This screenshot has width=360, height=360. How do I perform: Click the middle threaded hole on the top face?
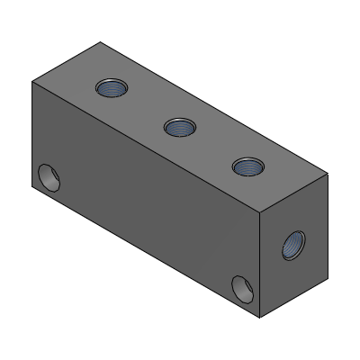coord(180,127)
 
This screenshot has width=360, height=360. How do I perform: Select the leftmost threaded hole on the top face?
coord(112,88)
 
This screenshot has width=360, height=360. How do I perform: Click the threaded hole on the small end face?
coord(293,244)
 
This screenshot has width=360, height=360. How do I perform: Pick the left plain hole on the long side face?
coord(48,177)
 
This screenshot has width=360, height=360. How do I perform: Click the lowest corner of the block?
coord(260,318)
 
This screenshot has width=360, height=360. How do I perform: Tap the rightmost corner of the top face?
coord(328,173)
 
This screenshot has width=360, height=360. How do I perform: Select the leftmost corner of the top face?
coord(31,82)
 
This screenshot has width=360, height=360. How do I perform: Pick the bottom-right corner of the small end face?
coord(328,275)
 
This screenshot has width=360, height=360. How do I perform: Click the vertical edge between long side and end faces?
coord(260,265)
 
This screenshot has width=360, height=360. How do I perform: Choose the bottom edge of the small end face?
coord(294,297)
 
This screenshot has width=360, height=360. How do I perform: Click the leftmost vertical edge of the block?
coord(31,135)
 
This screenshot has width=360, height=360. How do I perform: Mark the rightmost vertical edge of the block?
coord(328,225)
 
